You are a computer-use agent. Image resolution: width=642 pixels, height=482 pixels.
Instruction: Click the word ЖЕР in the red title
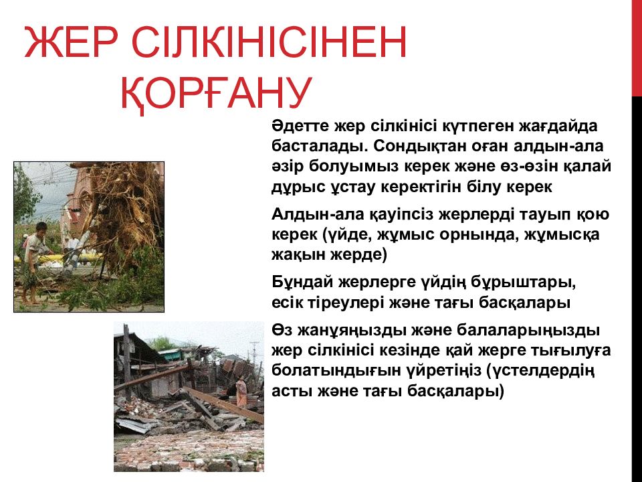click(72, 42)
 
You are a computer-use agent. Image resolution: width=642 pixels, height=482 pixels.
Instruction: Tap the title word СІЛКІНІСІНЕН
click(269, 42)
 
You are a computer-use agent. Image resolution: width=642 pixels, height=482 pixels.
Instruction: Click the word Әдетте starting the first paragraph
click(300, 126)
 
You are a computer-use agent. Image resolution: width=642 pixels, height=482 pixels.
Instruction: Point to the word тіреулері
click(346, 303)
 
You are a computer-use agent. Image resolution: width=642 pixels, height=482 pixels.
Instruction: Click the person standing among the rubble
click(241, 392)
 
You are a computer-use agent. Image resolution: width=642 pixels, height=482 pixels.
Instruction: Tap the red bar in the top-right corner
click(637, 48)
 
